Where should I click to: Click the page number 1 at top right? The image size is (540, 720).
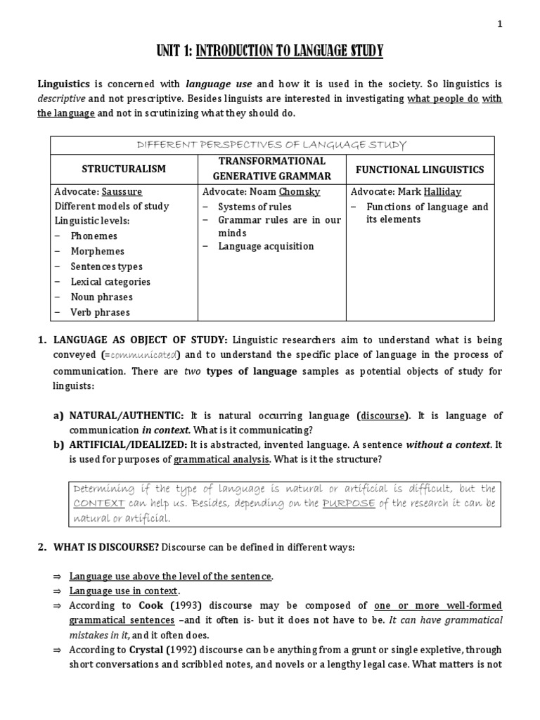coord(500,24)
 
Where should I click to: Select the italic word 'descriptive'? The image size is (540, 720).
coord(61,98)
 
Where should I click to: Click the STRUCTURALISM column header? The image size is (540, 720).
coord(124,169)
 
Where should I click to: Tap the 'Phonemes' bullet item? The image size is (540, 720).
coord(94,236)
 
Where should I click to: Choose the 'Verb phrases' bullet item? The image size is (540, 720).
coord(100,312)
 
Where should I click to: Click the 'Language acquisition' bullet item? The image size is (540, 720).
coord(265,246)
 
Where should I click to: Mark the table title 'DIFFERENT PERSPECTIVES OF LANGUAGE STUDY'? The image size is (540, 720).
coord(270,145)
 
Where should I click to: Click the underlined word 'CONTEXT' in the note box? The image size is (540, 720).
coord(99,503)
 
